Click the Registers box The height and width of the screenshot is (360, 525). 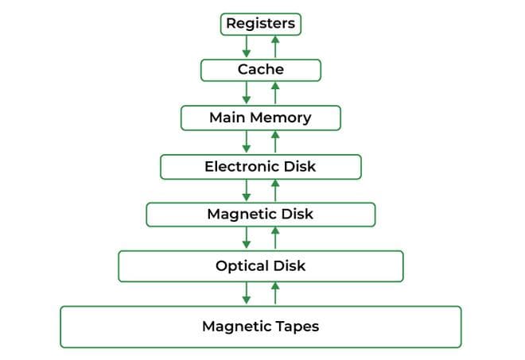click(x=260, y=24)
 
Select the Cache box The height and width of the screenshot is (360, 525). click(x=260, y=70)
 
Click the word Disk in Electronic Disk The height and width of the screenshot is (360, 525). click(x=300, y=167)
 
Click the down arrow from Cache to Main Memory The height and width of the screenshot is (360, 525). click(x=247, y=93)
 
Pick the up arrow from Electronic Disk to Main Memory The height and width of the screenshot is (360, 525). click(x=275, y=142)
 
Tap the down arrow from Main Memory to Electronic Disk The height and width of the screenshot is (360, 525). click(x=247, y=142)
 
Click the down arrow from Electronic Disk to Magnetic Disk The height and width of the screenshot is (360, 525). click(x=247, y=191)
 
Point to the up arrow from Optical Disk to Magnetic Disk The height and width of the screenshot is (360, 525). click(x=275, y=238)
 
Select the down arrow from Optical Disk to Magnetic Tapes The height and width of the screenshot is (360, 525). click(x=247, y=294)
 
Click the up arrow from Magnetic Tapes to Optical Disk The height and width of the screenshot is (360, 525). click(x=275, y=294)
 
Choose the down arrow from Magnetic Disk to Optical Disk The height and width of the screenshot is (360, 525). click(x=247, y=238)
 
